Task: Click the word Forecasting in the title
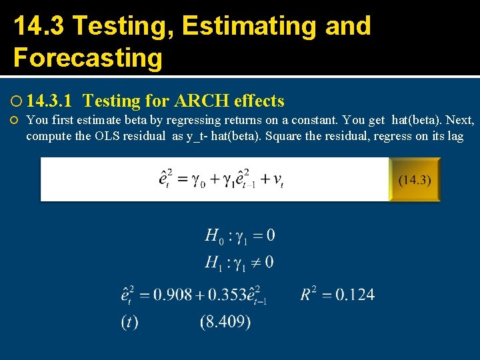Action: (x=88, y=58)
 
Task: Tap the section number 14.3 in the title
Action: (x=39, y=26)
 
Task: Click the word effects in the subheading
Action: (x=261, y=101)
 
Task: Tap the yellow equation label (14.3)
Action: (x=415, y=179)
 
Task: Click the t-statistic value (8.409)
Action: (x=225, y=322)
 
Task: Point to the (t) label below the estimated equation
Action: (x=129, y=322)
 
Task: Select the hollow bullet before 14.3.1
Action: (x=16, y=102)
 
